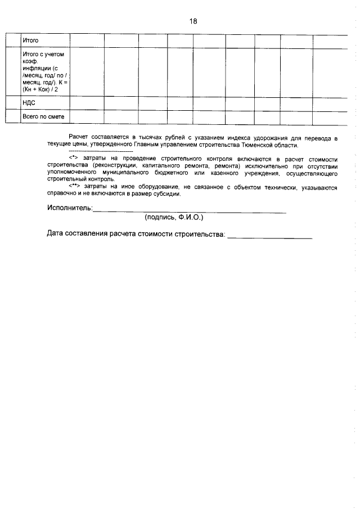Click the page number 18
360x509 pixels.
193,21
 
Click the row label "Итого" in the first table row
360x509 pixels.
30,41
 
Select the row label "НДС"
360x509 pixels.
29,103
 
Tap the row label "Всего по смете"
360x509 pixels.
43,116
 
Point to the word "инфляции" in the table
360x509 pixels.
35,68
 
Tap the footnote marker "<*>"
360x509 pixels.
72,159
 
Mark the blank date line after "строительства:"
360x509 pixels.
269,237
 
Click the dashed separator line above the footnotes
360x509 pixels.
100,152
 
